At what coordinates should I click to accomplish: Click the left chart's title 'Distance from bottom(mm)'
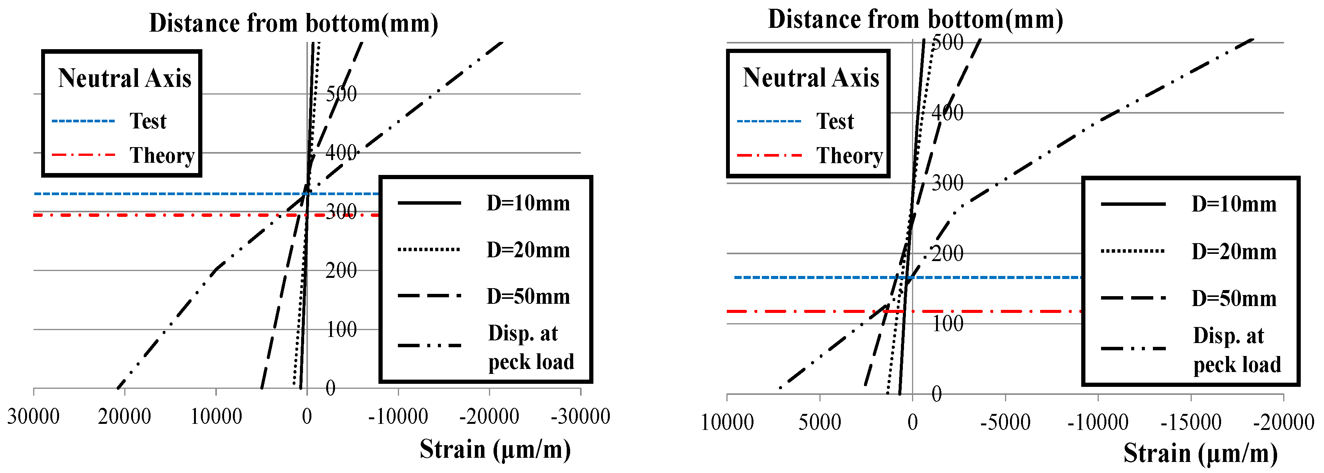pos(293,24)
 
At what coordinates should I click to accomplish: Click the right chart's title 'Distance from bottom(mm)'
pos(915,19)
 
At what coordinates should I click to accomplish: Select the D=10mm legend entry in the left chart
pos(528,204)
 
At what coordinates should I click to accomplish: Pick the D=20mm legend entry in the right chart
pos(1234,252)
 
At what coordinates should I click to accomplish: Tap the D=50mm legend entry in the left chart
pos(528,297)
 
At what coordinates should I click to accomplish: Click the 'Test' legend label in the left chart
pos(148,121)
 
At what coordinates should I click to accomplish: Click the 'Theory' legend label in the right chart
pos(850,155)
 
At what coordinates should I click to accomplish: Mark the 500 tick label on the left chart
pos(341,94)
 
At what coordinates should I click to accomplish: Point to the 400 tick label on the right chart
pos(947,112)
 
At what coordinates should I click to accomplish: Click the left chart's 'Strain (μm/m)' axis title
pos(495,449)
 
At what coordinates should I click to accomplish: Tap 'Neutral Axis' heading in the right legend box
pos(811,78)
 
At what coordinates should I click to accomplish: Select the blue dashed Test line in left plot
pos(154,194)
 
